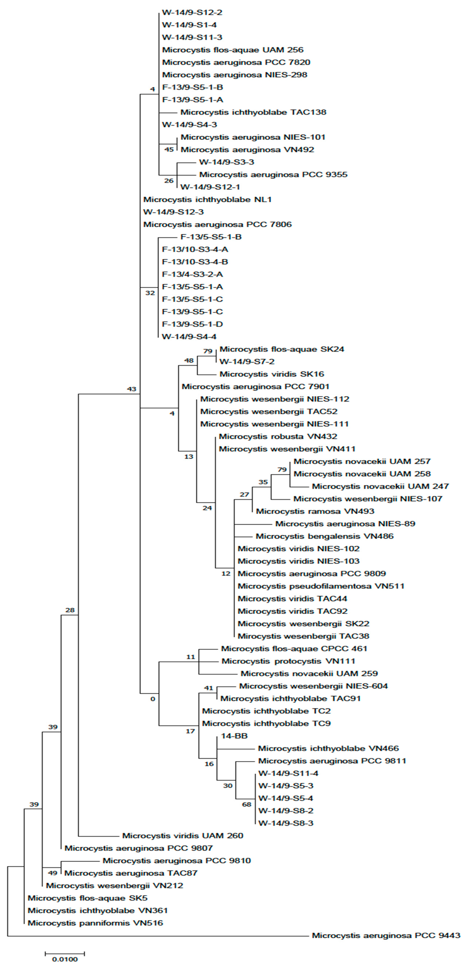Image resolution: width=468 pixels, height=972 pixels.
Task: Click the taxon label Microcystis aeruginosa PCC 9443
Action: click(386, 935)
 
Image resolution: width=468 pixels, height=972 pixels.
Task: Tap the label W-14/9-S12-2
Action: click(192, 12)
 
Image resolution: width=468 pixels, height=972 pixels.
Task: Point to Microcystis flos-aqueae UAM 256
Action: click(233, 50)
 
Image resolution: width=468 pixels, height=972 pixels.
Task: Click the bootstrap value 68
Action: click(247, 805)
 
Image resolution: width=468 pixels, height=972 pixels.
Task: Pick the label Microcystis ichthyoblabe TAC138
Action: click(253, 112)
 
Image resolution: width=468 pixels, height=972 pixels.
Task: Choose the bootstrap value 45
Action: click(169, 149)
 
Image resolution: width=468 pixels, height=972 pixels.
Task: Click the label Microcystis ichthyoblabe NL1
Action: click(207, 199)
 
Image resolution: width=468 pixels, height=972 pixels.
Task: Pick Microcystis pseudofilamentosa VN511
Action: click(321, 586)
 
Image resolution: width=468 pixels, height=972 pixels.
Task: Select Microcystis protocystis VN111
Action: click(288, 661)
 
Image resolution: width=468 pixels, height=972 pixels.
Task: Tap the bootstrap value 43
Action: click(132, 389)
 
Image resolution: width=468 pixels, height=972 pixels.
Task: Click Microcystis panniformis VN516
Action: click(95, 923)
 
